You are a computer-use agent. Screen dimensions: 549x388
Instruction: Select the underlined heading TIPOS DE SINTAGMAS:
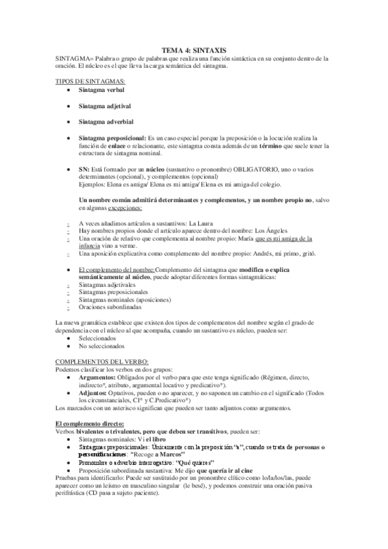click(90, 81)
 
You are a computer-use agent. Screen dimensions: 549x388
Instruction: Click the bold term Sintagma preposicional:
click(112, 139)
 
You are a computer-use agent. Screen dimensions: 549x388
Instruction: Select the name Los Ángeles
click(285, 231)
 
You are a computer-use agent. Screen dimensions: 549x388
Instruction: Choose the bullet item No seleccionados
click(102, 346)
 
